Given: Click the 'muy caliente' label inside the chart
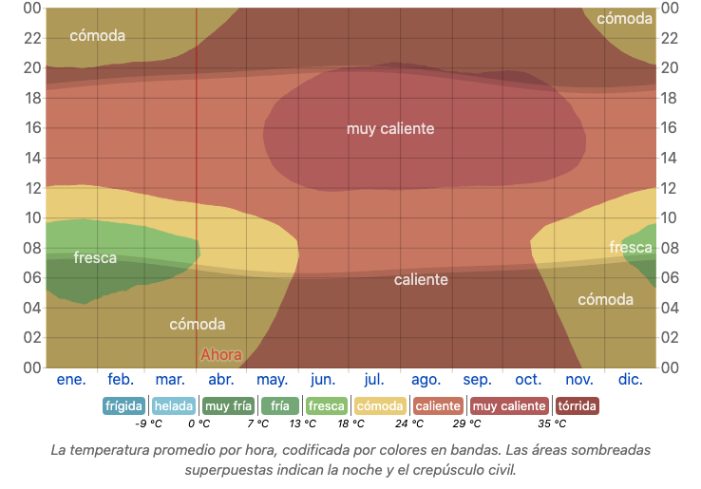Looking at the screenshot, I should (x=390, y=129).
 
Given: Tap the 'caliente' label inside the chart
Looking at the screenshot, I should (x=421, y=279).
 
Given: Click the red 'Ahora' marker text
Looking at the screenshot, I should (x=220, y=355).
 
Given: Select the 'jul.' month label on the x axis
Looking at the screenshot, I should (x=374, y=380).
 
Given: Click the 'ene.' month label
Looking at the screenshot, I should (x=71, y=380).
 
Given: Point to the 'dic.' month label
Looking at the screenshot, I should (x=631, y=380).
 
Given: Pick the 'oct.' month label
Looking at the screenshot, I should (x=528, y=380).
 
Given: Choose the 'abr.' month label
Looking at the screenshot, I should (x=221, y=380).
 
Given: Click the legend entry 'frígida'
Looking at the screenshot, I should (x=123, y=406).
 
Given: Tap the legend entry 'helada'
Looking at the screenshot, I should (x=174, y=406).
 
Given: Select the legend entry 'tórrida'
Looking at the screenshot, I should (x=577, y=406).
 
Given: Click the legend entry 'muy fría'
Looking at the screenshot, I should (x=229, y=406).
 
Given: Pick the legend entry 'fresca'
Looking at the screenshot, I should (x=327, y=406).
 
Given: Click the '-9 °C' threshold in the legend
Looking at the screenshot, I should (x=148, y=424).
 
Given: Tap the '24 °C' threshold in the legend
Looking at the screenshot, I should (x=410, y=424).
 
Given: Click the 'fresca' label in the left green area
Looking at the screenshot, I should (x=95, y=257).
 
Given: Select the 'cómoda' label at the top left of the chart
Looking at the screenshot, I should (x=97, y=36).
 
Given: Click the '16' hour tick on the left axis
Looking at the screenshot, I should (x=32, y=128).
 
